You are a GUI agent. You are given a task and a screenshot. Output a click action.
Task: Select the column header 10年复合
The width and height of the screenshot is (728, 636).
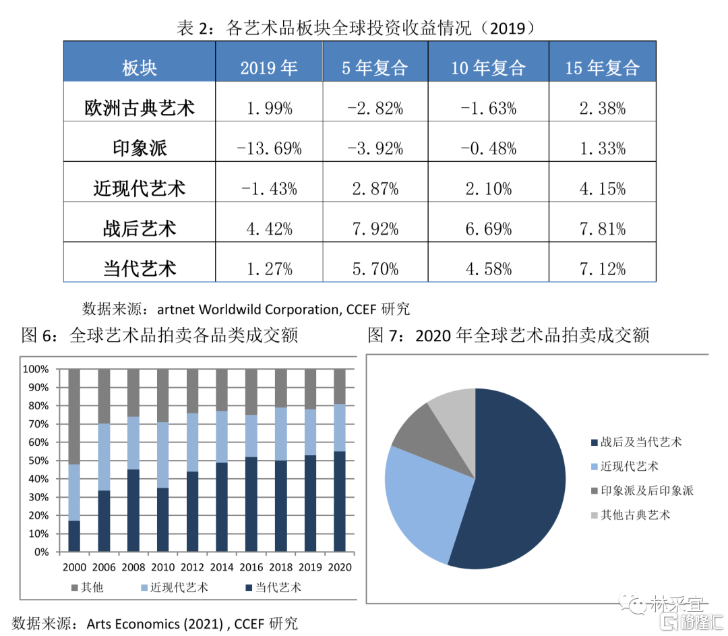click(x=488, y=67)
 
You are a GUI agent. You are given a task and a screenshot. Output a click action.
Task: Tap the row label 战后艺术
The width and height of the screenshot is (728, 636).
click(x=140, y=229)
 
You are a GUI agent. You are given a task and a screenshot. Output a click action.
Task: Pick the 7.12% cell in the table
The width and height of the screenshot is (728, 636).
click(x=602, y=270)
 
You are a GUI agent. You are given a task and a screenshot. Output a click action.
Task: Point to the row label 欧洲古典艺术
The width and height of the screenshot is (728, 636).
click(x=140, y=108)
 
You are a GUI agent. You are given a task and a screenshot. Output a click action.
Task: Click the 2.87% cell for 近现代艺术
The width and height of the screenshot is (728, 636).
click(x=375, y=189)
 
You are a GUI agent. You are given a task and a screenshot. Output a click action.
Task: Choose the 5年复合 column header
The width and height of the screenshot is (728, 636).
click(x=375, y=67)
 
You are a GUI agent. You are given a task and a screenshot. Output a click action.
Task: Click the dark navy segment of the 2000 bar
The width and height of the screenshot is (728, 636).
click(x=74, y=536)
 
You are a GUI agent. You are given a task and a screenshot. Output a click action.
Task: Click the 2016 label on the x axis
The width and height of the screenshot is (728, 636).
click(x=251, y=567)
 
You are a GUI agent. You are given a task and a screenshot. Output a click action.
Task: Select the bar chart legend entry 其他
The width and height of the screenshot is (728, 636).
click(x=87, y=587)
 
